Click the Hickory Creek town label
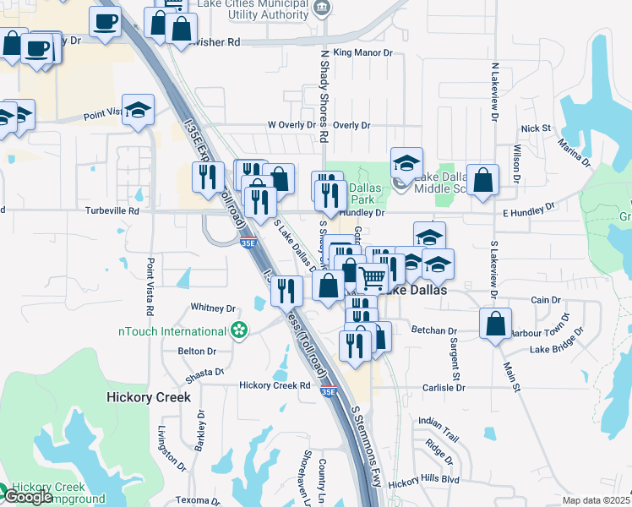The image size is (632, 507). point(149,396)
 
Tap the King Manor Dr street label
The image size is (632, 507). point(364,52)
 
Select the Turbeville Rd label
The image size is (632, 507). point(110,210)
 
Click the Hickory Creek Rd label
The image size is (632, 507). point(275,384)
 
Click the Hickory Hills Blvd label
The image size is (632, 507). point(424,481)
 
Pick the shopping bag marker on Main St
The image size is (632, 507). point(495,322)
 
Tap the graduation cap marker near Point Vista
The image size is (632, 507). point(138,110)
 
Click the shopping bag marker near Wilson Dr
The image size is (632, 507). point(482,179)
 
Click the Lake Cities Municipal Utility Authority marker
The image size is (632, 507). point(320,8)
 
